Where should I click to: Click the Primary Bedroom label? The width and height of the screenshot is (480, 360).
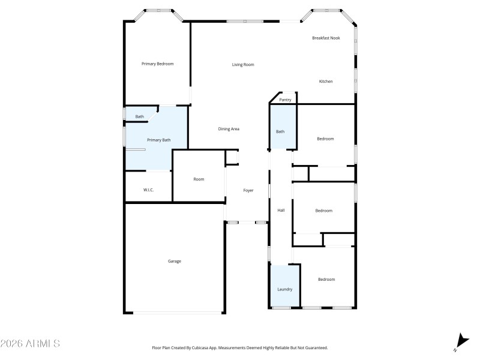coord(157,64)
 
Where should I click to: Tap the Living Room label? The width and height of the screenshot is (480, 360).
coord(243,65)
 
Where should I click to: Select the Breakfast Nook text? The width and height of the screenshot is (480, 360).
coord(326,38)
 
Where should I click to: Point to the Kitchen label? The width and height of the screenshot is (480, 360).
coord(326,82)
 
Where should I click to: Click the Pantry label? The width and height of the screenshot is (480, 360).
coord(285,100)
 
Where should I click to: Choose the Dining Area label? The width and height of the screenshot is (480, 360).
coord(229,129)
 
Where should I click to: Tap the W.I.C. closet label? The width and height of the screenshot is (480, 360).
coord(148,190)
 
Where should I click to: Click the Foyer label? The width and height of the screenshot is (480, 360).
coord(248,191)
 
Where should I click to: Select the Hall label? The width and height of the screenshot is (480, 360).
coord(281,211)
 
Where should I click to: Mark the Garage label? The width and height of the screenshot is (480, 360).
coord(175,261)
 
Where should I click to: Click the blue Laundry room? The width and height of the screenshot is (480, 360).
coord(284,286)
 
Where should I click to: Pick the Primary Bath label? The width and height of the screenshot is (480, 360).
coord(159,140)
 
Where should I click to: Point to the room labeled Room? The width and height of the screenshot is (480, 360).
coord(199,179)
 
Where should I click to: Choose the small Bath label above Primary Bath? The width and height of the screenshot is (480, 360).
coord(139,116)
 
